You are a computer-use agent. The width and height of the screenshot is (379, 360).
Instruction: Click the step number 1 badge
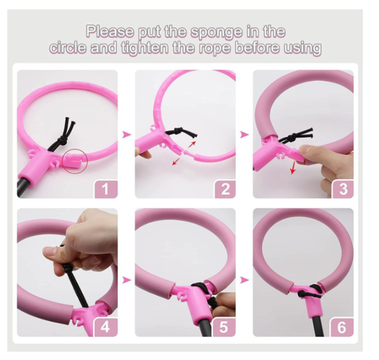[106, 189]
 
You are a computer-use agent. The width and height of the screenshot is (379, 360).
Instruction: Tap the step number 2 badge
[225, 189]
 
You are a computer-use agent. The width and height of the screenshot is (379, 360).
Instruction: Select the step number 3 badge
[342, 189]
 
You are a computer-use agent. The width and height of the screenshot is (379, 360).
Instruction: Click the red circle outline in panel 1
[74, 160]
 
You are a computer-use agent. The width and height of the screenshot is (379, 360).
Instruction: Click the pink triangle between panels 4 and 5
[126, 280]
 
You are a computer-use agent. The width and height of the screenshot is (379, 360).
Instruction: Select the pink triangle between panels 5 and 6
[245, 280]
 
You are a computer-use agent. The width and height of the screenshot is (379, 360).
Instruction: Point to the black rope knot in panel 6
[307, 294]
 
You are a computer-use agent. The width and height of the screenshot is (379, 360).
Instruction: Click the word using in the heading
[300, 48]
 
